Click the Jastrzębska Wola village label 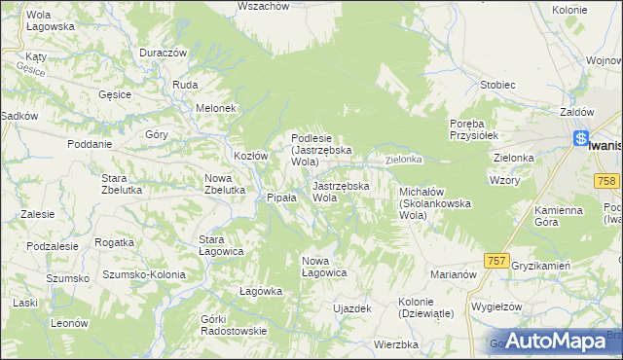click(340, 192)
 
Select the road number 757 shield click(496, 261)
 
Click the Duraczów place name click(163, 53)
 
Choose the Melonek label click(216, 108)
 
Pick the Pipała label click(282, 198)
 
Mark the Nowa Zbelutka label click(224, 184)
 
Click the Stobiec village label click(496, 85)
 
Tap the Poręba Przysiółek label click(473, 129)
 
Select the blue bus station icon click(581, 138)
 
